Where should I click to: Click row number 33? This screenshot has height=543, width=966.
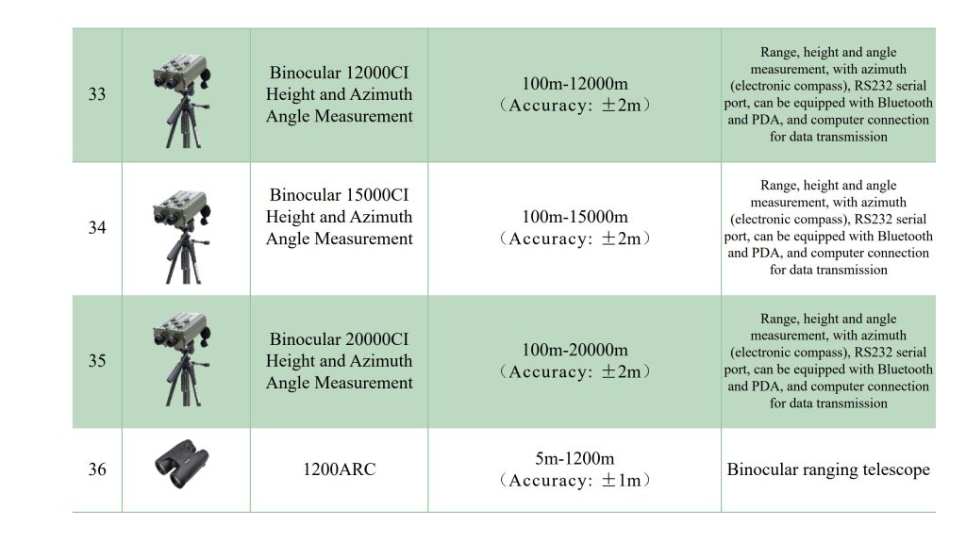pos(96,95)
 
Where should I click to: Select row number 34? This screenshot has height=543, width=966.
pos(96,228)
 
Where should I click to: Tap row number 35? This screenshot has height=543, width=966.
pos(96,361)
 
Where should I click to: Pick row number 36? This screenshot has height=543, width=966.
pos(96,469)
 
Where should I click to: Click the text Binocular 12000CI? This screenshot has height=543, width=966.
pos(339,73)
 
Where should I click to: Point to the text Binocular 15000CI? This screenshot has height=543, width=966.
pos(339,195)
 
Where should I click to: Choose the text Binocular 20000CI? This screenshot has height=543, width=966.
pos(339,338)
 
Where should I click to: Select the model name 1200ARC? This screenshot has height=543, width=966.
pos(339,469)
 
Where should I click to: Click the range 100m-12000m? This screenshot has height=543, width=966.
pos(575,84)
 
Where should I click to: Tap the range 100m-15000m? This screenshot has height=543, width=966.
pos(575,218)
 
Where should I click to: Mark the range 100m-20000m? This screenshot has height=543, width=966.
pos(575,351)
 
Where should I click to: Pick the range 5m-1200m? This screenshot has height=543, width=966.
pos(575,459)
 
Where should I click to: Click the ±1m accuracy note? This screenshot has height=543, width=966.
pos(575,481)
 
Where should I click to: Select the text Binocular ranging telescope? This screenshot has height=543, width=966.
pos(828,469)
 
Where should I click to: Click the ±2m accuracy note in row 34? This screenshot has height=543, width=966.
pos(575,239)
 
